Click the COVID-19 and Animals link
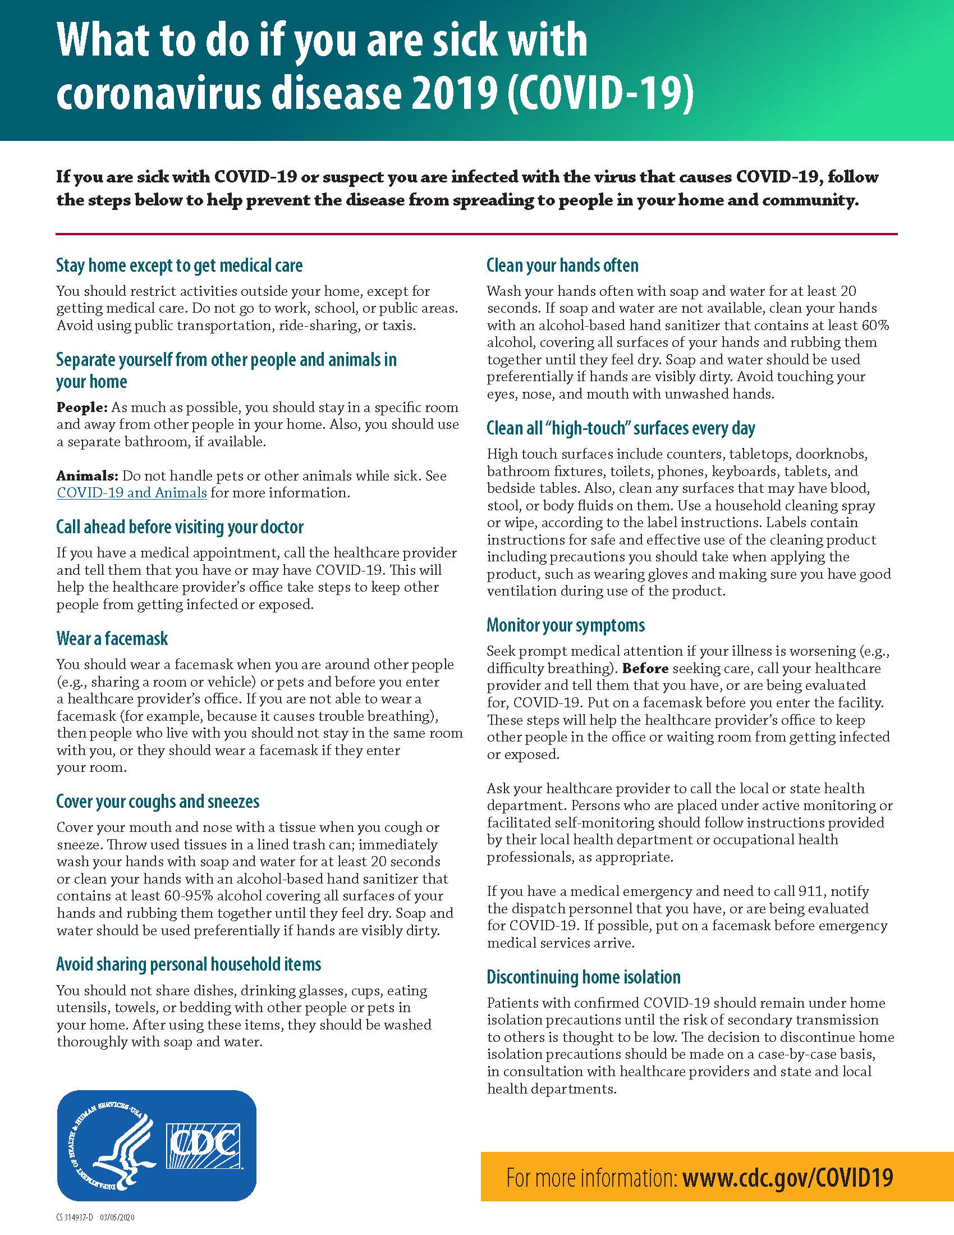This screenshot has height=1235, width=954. point(132,492)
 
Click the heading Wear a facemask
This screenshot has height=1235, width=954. point(112,638)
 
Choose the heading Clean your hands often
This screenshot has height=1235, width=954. point(562,265)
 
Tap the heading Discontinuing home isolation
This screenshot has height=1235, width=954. point(583,977)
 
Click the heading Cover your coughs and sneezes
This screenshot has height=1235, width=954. point(158,801)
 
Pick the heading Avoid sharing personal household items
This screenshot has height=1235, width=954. point(189,963)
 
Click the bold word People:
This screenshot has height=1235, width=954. point(81,407)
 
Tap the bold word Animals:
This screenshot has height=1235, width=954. point(87,475)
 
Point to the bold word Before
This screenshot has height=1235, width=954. point(645,669)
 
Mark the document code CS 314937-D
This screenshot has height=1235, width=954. point(75,1218)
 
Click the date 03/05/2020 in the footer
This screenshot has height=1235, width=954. point(117,1218)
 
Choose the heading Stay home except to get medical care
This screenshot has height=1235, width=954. point(179,265)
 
